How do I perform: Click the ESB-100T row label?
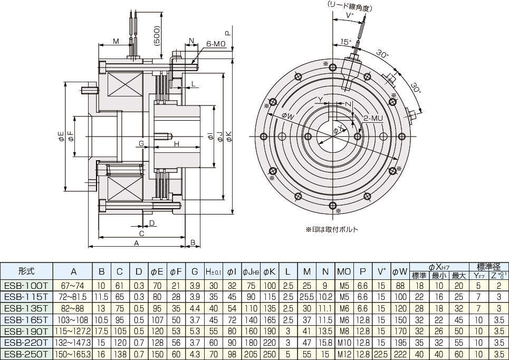tap(26, 285)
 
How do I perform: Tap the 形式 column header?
tap(26, 271)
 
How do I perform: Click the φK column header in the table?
tap(270, 271)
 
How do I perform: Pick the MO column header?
tap(343, 271)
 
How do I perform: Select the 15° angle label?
tap(345, 41)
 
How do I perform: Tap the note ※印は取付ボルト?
tap(331, 230)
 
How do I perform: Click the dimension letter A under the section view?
tap(136, 244)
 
